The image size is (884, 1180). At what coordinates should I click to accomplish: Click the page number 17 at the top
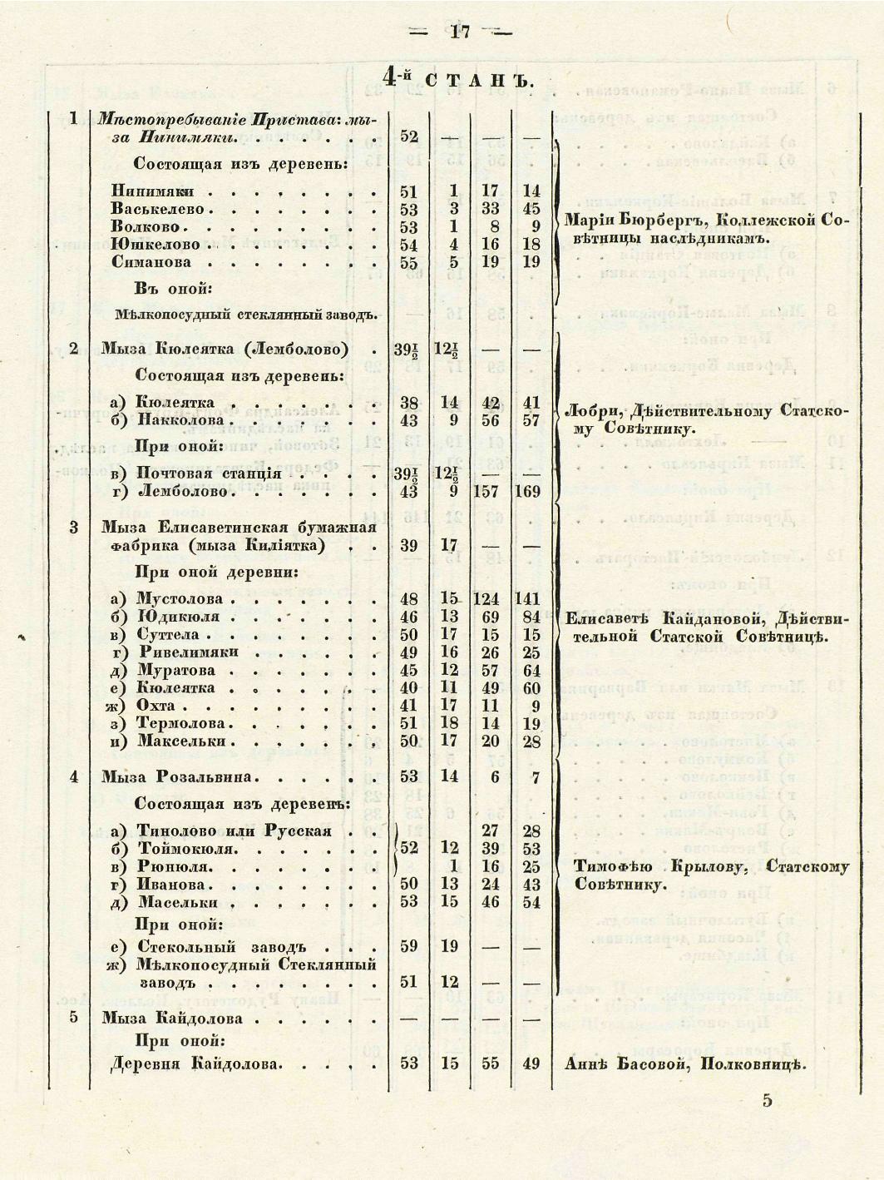pyautogui.click(x=461, y=32)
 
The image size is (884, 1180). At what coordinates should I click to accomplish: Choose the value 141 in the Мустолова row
pyautogui.click(x=527, y=598)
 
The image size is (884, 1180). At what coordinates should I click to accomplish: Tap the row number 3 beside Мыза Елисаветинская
pyautogui.click(x=74, y=527)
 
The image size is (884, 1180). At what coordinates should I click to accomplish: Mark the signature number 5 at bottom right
pyautogui.click(x=767, y=1100)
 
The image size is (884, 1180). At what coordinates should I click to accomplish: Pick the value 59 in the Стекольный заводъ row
pyautogui.click(x=408, y=946)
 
